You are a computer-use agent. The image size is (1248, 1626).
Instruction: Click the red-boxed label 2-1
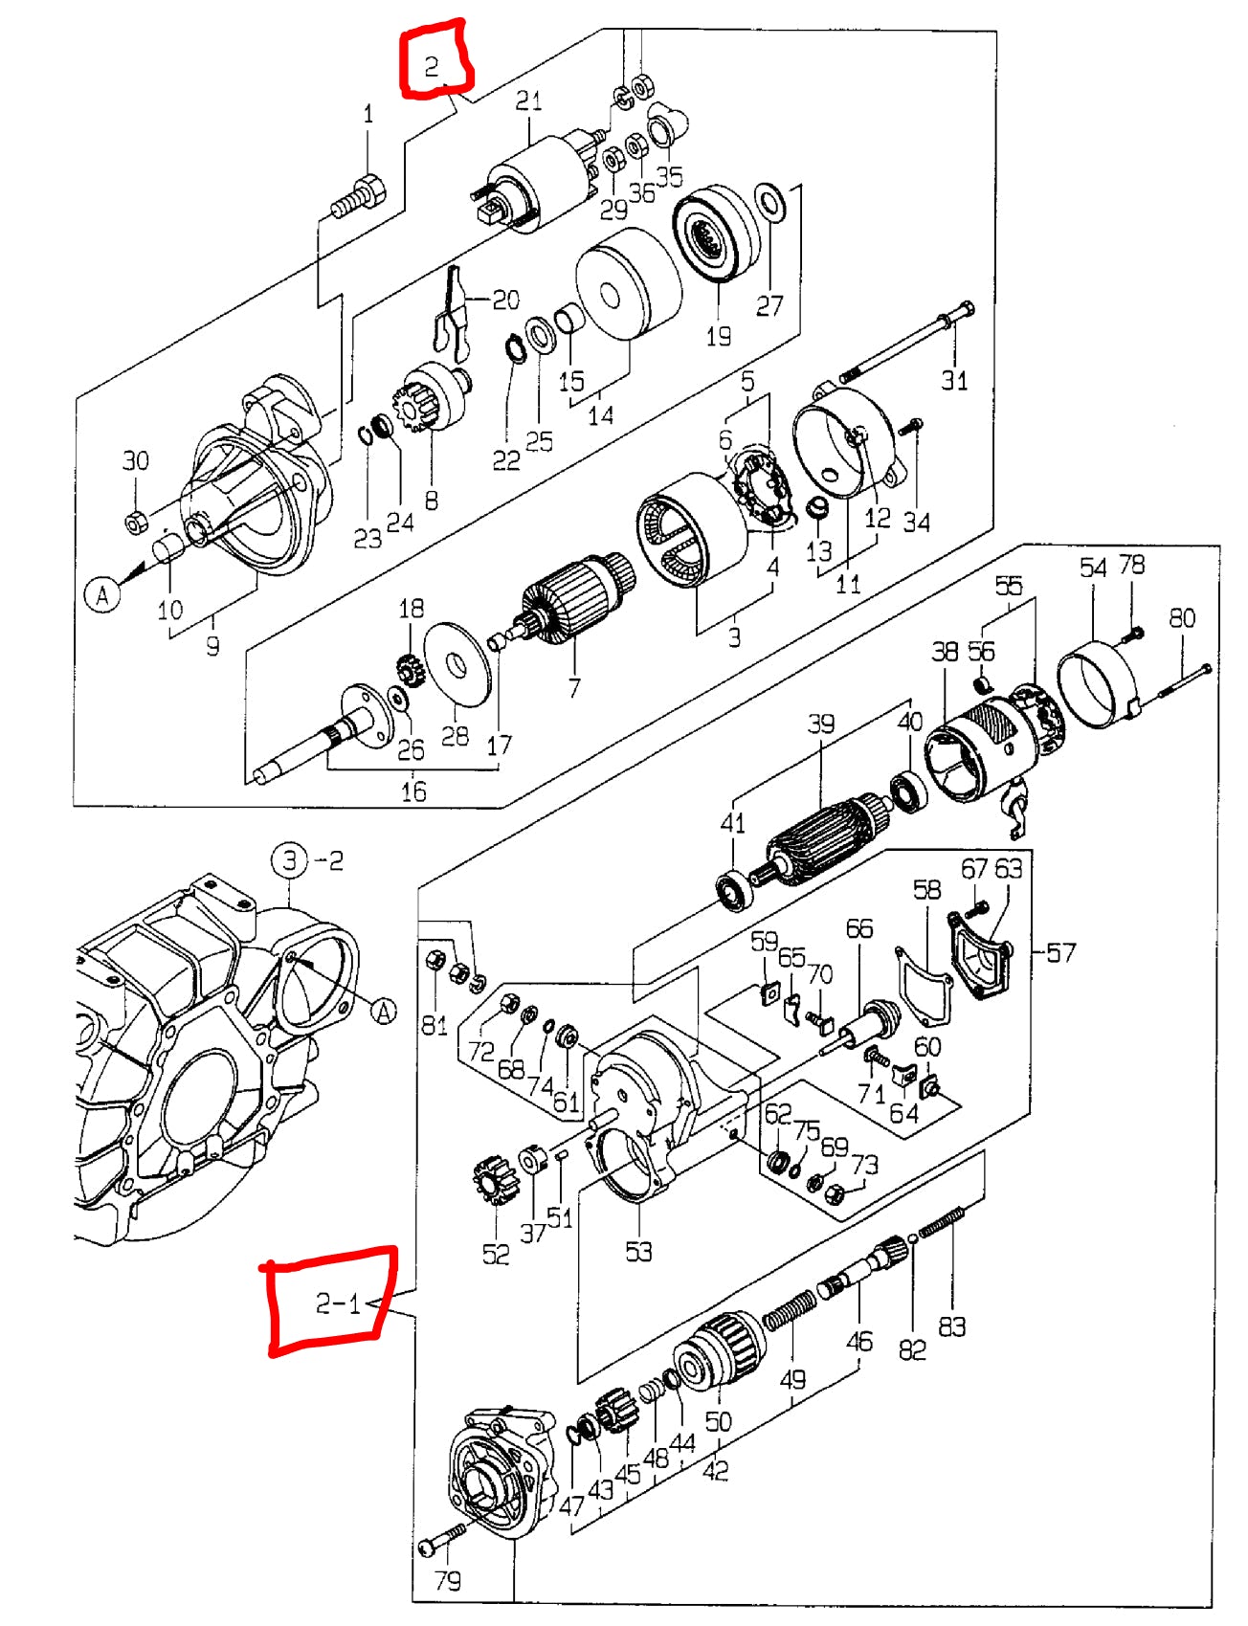(x=337, y=1303)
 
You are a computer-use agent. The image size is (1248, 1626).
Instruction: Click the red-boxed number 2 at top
(x=432, y=65)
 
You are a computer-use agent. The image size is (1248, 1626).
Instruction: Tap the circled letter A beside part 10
(x=102, y=595)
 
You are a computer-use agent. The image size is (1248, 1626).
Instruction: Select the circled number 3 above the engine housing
(x=289, y=860)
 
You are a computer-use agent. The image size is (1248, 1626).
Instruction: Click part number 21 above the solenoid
(x=529, y=100)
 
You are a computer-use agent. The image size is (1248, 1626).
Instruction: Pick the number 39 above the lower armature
(x=820, y=724)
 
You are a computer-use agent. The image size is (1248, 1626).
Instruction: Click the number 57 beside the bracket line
(x=1060, y=952)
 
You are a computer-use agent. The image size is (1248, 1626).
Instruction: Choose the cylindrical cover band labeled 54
(x=1097, y=686)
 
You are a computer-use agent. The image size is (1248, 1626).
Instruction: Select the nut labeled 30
(x=135, y=522)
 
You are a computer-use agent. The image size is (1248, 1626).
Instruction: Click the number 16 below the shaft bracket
(x=413, y=791)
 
